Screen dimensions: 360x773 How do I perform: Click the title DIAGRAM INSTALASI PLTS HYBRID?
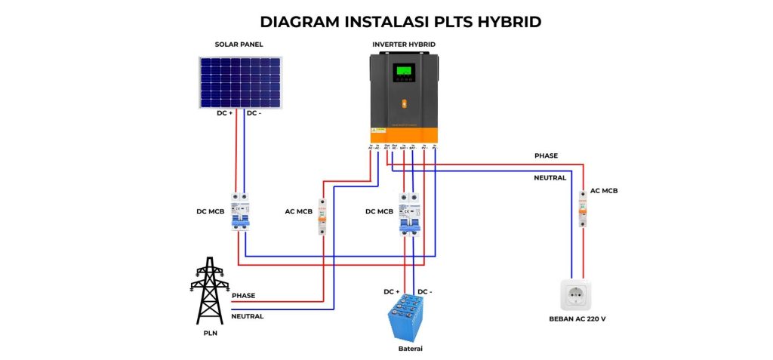(x=400, y=21)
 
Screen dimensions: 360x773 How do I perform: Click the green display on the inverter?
(x=405, y=73)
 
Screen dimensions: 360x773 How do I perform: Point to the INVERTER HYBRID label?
(x=404, y=45)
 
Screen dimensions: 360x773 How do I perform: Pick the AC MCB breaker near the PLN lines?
(x=322, y=216)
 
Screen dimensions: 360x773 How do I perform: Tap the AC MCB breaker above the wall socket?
(x=582, y=208)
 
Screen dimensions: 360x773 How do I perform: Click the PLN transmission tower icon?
(x=210, y=290)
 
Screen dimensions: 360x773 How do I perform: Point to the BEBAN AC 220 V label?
(x=577, y=319)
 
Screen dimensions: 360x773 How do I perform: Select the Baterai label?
(x=411, y=349)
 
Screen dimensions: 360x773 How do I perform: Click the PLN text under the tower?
(x=210, y=333)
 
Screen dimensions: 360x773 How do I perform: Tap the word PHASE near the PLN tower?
(x=243, y=295)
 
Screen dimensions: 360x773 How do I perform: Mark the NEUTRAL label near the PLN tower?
(x=247, y=316)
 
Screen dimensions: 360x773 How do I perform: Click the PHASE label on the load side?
(x=546, y=155)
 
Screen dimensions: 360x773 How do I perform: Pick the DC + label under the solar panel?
(x=225, y=113)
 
